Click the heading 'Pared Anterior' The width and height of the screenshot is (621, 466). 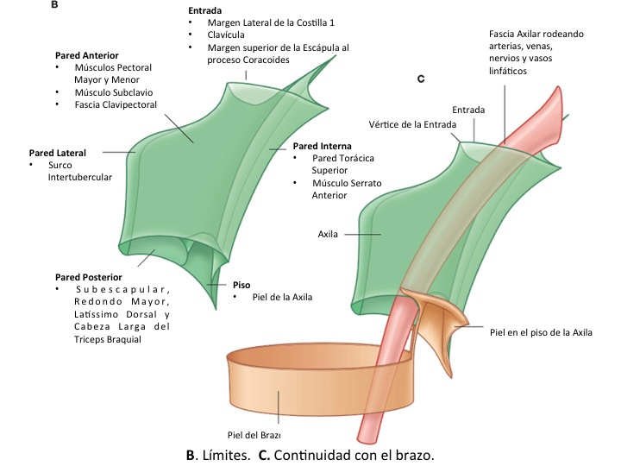click(86, 55)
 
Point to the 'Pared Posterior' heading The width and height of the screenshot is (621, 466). click(91, 277)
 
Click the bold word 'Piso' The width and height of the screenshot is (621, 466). click(242, 284)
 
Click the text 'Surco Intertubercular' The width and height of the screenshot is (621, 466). click(79, 171)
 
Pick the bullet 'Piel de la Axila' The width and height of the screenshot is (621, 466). click(282, 297)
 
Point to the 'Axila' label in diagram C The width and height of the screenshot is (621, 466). click(328, 233)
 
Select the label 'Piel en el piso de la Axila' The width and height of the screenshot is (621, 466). click(541, 331)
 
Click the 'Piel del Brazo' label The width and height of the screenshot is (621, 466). click(254, 434)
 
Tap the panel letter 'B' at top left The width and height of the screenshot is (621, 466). click(55, 5)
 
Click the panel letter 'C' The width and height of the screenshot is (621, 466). click(421, 79)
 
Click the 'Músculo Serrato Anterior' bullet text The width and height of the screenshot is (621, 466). click(347, 189)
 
